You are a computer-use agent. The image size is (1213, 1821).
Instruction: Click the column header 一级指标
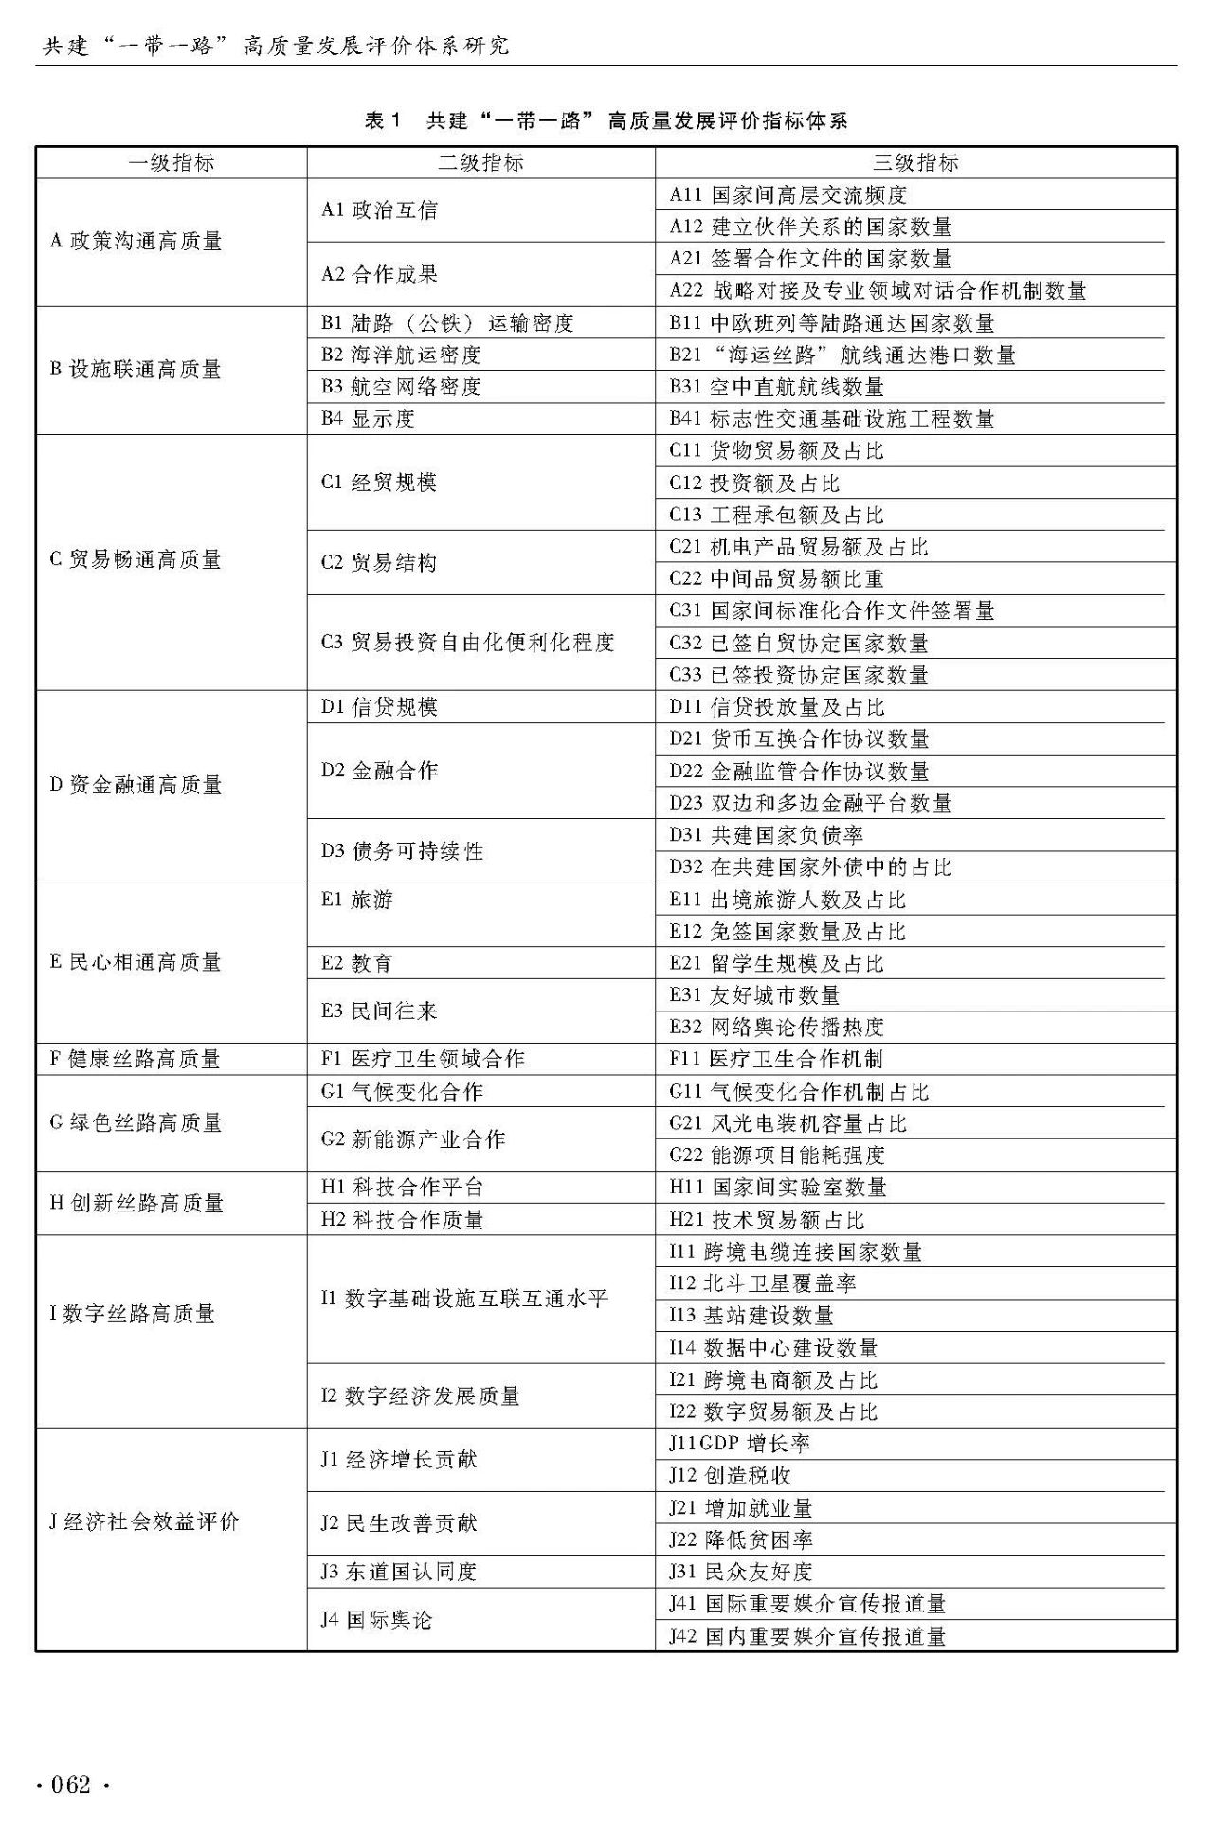172,162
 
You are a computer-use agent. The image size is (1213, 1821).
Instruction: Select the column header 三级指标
914,162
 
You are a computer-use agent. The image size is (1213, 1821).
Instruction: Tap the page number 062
71,1786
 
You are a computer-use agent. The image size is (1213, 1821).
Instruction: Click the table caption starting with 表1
606,120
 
